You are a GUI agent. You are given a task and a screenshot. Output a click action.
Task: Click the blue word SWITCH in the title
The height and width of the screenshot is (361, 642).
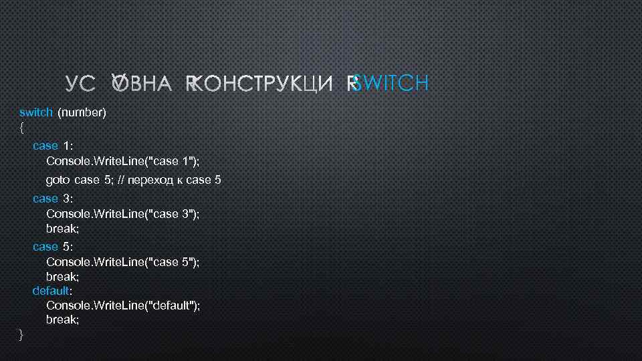tap(391, 84)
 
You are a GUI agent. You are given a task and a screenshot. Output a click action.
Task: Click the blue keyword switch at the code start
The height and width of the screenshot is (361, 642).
tap(36, 112)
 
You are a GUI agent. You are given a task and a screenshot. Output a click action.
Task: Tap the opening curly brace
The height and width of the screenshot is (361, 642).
tap(22, 126)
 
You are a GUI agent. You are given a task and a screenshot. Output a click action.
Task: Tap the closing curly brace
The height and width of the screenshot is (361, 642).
tap(22, 334)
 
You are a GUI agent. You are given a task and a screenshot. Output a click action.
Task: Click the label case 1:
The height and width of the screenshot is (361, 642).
tap(53, 146)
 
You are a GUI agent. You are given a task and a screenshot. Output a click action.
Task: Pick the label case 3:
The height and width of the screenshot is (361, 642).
tap(53, 199)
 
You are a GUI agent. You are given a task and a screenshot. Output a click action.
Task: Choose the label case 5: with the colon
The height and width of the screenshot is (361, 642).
tap(53, 247)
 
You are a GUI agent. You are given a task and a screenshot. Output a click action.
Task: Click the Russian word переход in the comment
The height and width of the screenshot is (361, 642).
tap(154, 180)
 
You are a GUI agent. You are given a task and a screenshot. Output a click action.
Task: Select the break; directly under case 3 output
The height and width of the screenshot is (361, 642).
tap(62, 228)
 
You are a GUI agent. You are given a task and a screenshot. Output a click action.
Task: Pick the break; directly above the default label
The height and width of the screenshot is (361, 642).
tap(62, 276)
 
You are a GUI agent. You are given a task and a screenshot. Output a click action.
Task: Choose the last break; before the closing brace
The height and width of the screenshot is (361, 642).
tap(62, 320)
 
